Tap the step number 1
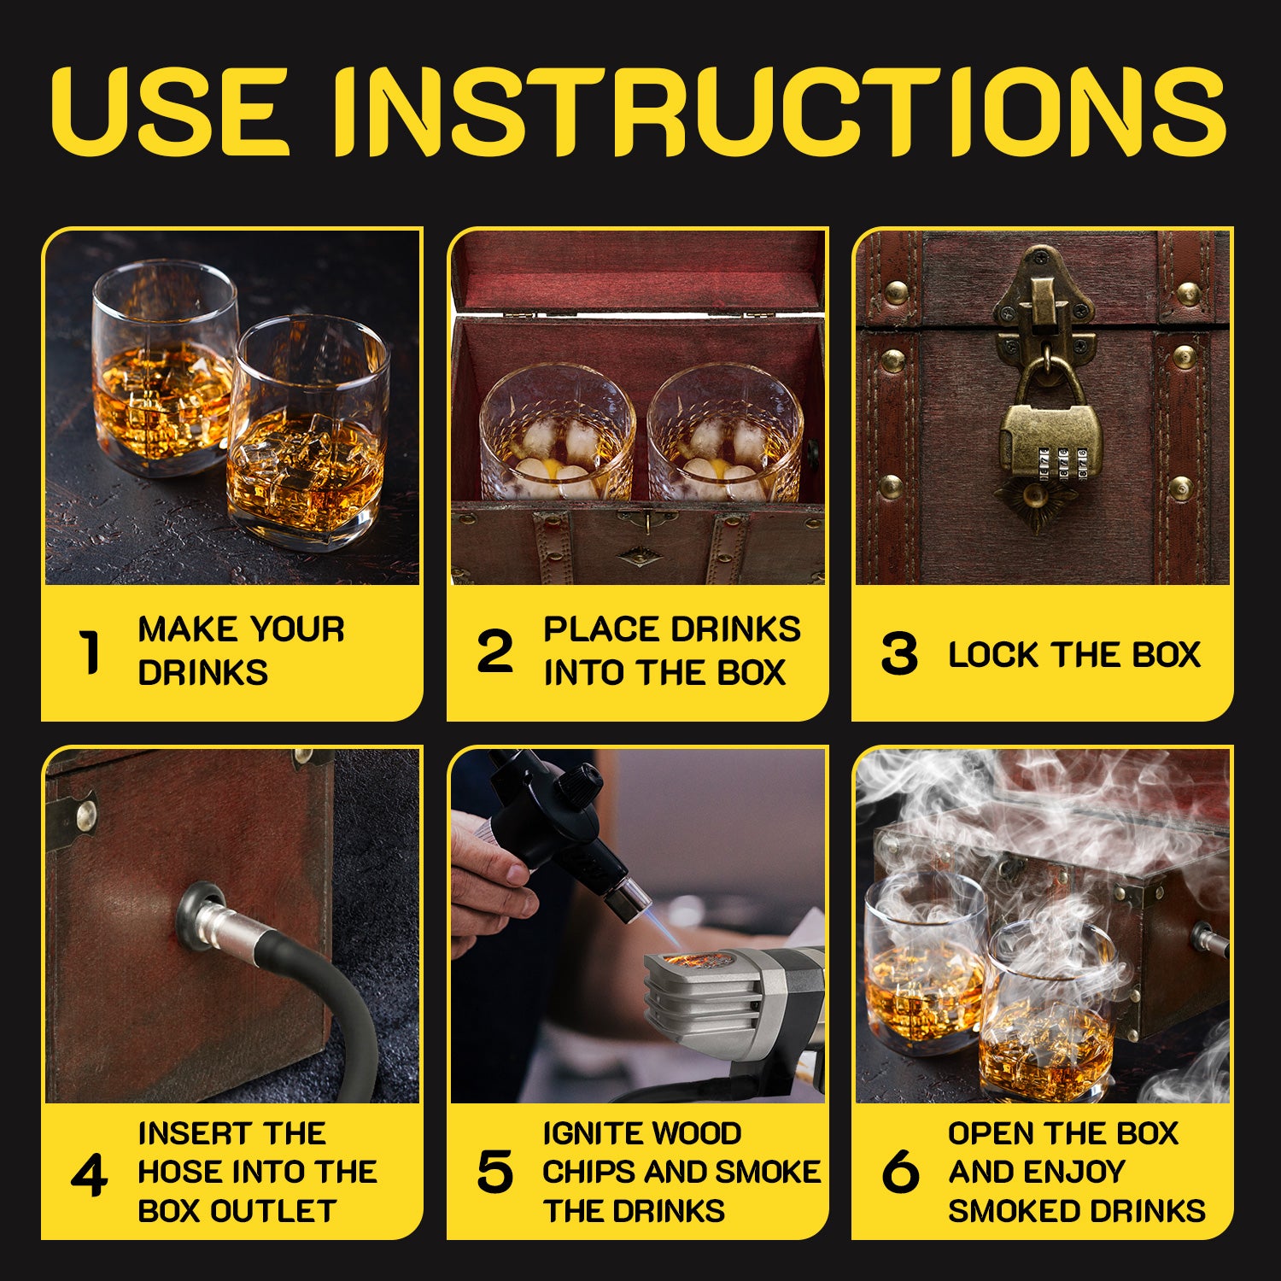89,652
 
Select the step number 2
494,651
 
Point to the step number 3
898,653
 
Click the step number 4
89,1176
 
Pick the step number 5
494,1172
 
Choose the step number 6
900,1172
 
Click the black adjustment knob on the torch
579,781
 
